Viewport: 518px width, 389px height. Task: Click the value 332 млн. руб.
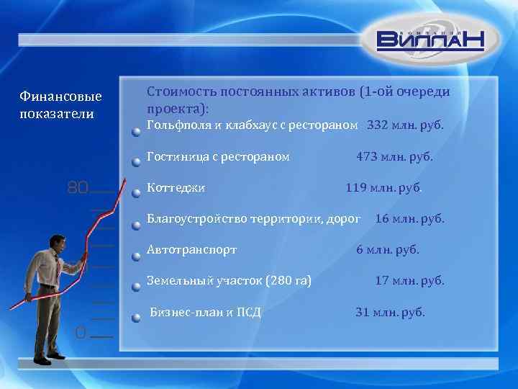pyautogui.click(x=405, y=125)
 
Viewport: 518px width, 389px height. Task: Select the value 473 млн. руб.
pyautogui.click(x=395, y=156)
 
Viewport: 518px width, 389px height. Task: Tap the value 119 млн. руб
pyautogui.click(x=383, y=187)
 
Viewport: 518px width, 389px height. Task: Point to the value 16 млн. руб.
pyautogui.click(x=409, y=218)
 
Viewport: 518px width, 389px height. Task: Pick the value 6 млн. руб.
pyautogui.click(x=388, y=250)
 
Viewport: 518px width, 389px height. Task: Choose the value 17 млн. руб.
pyautogui.click(x=409, y=281)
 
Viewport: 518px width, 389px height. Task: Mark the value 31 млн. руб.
pyautogui.click(x=391, y=312)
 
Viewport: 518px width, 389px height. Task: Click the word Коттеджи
pyautogui.click(x=176, y=187)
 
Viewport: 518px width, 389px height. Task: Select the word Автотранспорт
pyautogui.click(x=191, y=250)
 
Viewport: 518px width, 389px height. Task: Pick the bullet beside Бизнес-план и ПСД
pyautogui.click(x=136, y=319)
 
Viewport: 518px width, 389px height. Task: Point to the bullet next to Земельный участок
pyautogui.click(x=136, y=287)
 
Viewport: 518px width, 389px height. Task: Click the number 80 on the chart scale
pyautogui.click(x=77, y=189)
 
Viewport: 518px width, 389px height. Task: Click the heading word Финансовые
pyautogui.click(x=60, y=97)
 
